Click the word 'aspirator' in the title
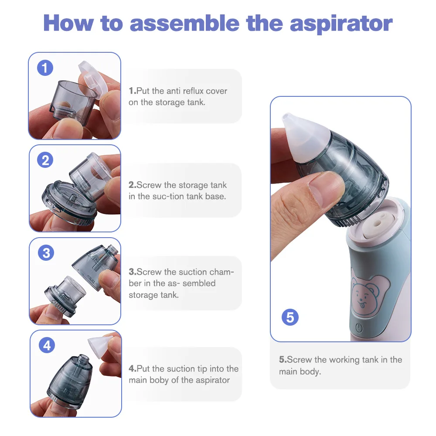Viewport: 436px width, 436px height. [341, 24]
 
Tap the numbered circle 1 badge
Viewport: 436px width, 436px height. [45, 68]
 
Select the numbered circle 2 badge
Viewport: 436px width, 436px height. [45, 160]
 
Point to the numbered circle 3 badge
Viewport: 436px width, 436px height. [46, 253]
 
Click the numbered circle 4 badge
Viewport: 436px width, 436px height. [47, 345]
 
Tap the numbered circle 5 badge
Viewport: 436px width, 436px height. [290, 317]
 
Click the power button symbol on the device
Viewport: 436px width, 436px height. [359, 328]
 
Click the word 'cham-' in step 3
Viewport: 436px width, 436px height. [222, 272]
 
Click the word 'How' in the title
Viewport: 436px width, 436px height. [69, 24]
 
